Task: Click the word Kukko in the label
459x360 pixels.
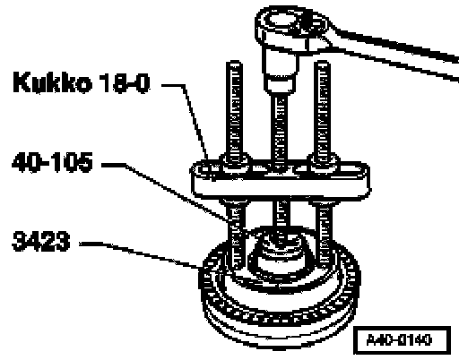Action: pyautogui.click(x=52, y=82)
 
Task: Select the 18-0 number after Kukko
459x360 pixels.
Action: pyautogui.click(x=124, y=82)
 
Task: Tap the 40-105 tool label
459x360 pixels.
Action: pyautogui.click(x=52, y=162)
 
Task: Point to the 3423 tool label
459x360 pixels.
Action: pyautogui.click(x=41, y=241)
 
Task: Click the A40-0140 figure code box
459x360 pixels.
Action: pyautogui.click(x=402, y=340)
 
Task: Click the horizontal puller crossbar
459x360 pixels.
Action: pyautogui.click(x=281, y=179)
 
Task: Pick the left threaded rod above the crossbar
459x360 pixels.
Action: pyautogui.click(x=234, y=109)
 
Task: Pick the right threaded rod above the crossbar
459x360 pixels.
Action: pyautogui.click(x=322, y=109)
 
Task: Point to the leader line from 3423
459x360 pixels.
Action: pyautogui.click(x=141, y=253)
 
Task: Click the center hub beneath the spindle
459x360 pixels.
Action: pyautogui.click(x=281, y=253)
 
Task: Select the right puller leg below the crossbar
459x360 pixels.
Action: pyautogui.click(x=325, y=233)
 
